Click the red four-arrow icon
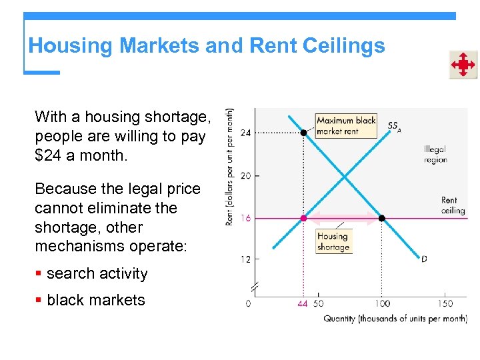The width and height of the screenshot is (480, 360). coord(462,65)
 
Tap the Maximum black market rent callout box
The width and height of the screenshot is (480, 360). coord(345,126)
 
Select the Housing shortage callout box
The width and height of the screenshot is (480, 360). coord(333,241)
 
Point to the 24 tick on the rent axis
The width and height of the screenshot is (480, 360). coord(245,133)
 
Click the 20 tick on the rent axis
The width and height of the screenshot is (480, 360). coord(245,175)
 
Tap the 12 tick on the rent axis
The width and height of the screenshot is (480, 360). coord(245,259)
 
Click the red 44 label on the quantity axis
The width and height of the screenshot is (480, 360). coord(303,304)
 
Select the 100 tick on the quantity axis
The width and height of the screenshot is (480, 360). coord(382,304)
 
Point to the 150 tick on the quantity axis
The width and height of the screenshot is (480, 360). coord(445,304)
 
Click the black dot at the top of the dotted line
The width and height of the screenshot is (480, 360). coord(303,133)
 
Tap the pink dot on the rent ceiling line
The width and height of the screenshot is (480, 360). coord(303,218)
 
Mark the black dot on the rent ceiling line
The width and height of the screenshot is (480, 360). coord(382,218)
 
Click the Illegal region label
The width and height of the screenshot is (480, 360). coord(435,155)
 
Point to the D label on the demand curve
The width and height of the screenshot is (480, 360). coord(424,259)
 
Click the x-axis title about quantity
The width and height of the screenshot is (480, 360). coord(395,319)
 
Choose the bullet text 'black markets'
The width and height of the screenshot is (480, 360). coord(96,300)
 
